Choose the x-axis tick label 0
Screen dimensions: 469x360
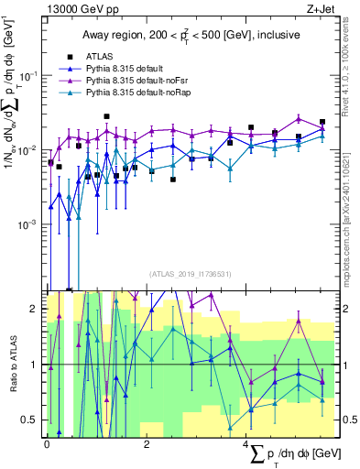[47, 442]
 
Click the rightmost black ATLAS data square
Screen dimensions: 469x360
[322, 122]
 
